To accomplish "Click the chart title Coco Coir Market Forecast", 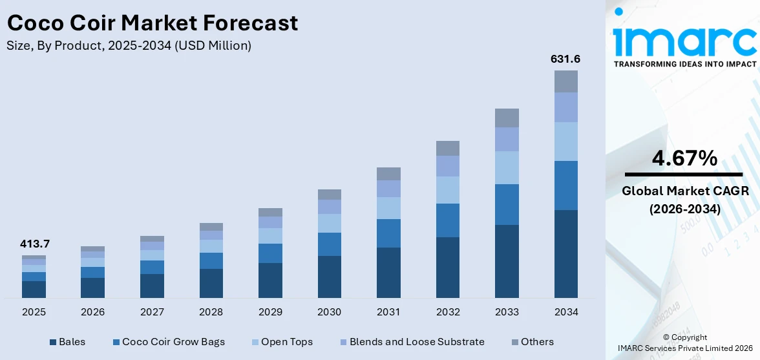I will (x=153, y=23).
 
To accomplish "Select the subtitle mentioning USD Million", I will (x=129, y=46).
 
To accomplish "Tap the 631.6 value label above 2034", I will (x=565, y=59).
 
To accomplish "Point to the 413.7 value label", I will (x=34, y=244).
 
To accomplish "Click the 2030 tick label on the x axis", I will (x=329, y=312).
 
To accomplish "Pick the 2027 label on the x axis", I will (x=152, y=312).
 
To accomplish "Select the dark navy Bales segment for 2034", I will (x=565, y=253).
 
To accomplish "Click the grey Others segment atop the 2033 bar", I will (x=507, y=118).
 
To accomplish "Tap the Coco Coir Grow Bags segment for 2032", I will (x=447, y=220).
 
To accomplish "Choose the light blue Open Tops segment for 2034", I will (x=565, y=142).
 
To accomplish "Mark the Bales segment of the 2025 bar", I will (x=34, y=289).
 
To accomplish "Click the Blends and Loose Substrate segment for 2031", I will (x=388, y=189).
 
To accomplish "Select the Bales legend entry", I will (x=67, y=342).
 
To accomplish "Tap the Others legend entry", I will (x=532, y=342).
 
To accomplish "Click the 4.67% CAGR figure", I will (x=684, y=158).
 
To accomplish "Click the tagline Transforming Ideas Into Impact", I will (x=684, y=64).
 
